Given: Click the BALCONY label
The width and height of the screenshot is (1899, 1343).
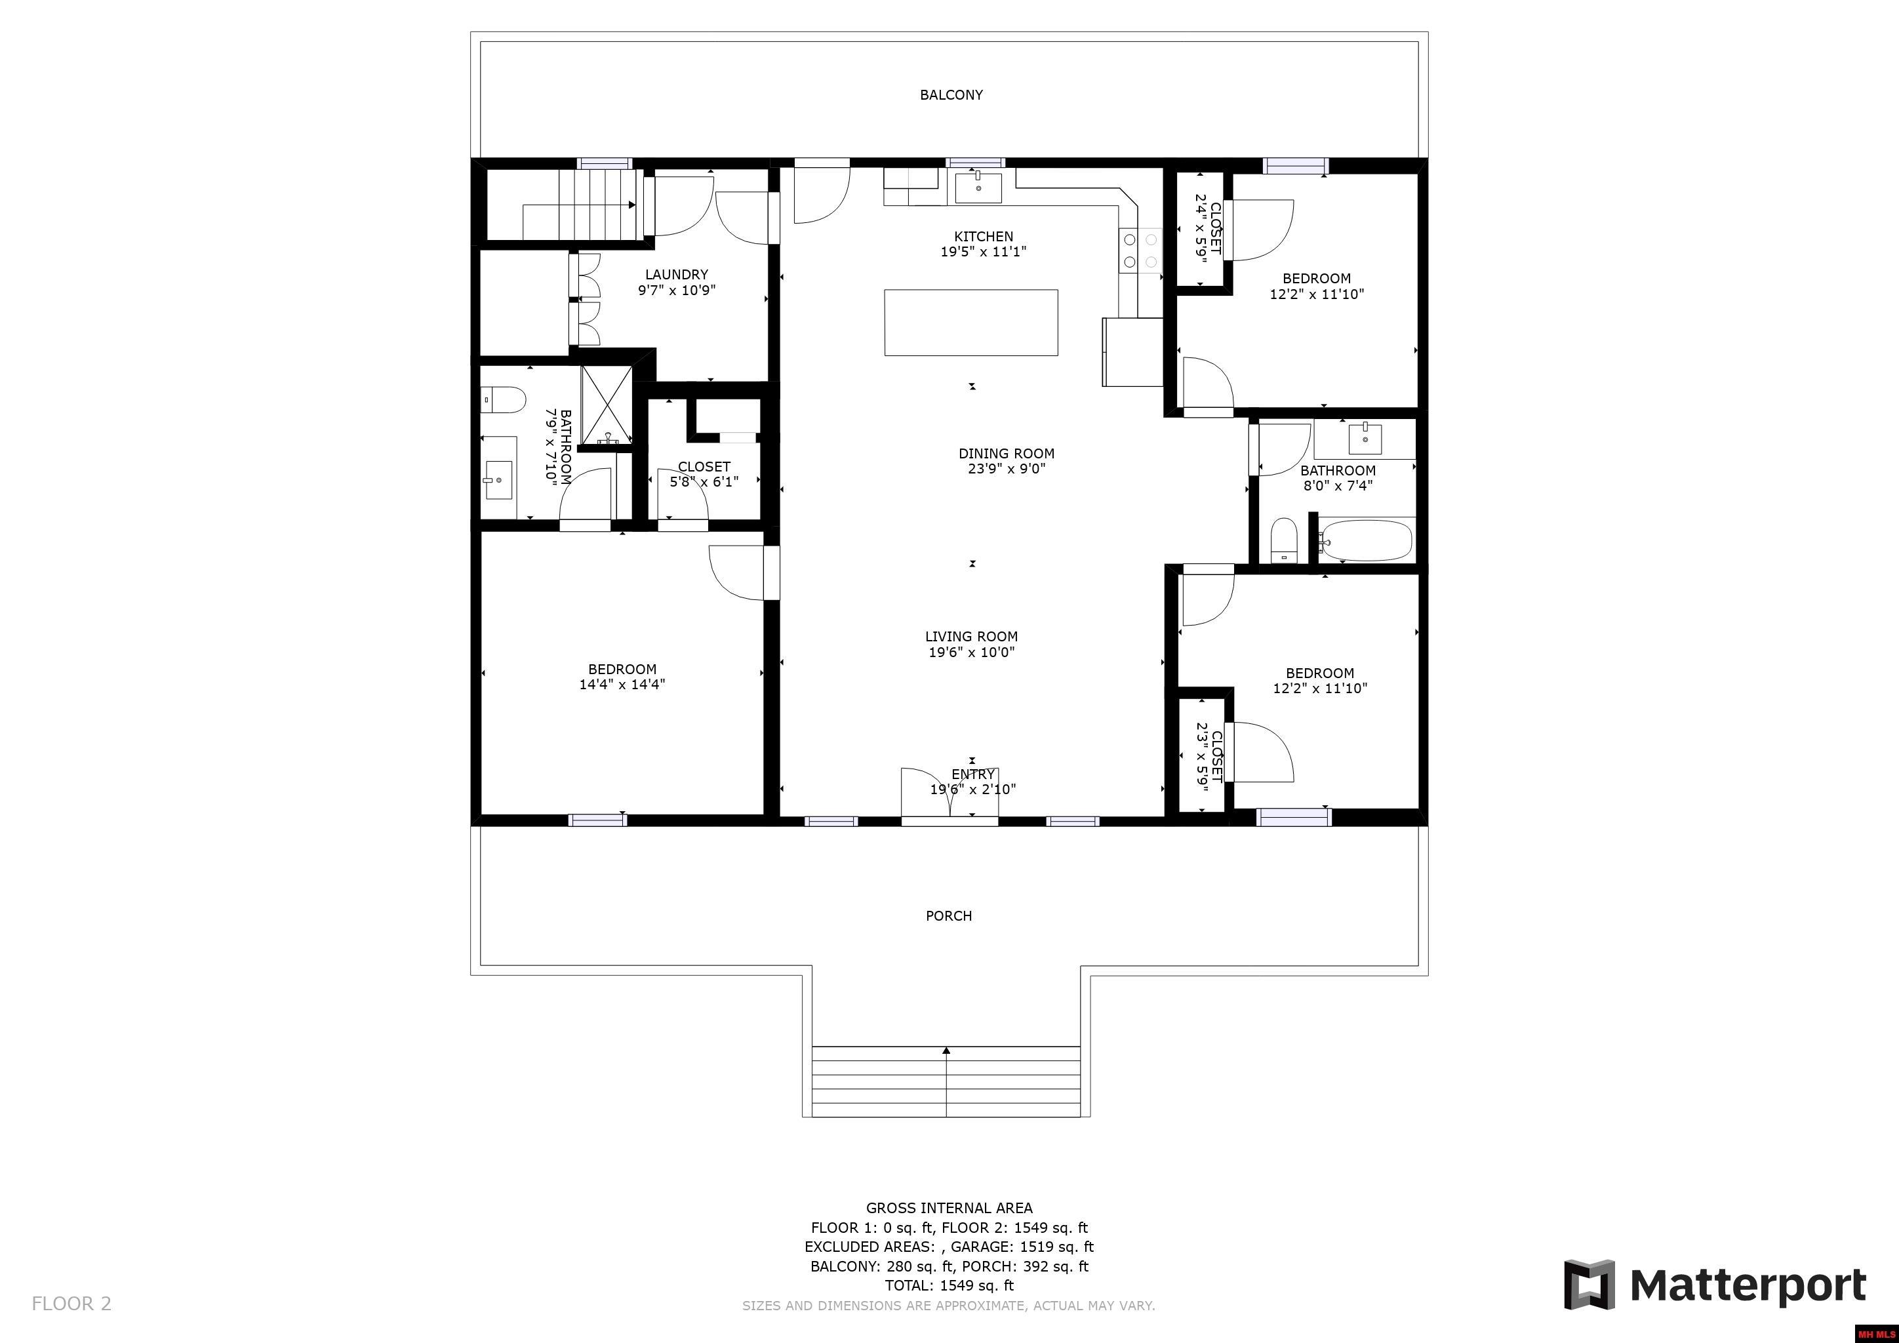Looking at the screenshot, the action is pyautogui.click(x=951, y=95).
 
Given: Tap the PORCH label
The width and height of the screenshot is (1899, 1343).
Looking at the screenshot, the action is pyautogui.click(x=949, y=915).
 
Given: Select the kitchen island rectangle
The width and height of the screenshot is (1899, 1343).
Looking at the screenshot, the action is pyautogui.click(x=971, y=323).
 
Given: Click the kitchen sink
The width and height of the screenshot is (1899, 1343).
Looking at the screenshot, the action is pyautogui.click(x=978, y=188).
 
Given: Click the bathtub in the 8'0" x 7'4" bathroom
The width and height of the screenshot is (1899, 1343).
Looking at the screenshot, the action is pyautogui.click(x=1364, y=540).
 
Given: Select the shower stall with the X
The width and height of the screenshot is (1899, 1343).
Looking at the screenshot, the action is pyautogui.click(x=607, y=405).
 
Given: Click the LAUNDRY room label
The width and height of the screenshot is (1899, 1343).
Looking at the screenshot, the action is pyautogui.click(x=677, y=275).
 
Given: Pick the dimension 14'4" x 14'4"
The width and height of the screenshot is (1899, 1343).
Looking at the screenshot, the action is pyautogui.click(x=622, y=684).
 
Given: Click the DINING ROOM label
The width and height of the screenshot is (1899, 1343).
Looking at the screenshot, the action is pyautogui.click(x=1007, y=453).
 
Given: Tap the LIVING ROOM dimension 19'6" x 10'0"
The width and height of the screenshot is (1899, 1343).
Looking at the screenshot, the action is pyautogui.click(x=972, y=652).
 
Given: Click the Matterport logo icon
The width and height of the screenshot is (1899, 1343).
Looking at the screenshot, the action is pyautogui.click(x=1589, y=1284).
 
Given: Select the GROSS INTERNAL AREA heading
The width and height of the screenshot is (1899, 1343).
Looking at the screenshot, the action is pyautogui.click(x=950, y=1207).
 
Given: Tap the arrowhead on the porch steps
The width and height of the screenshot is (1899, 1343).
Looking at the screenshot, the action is pyautogui.click(x=946, y=1051).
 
